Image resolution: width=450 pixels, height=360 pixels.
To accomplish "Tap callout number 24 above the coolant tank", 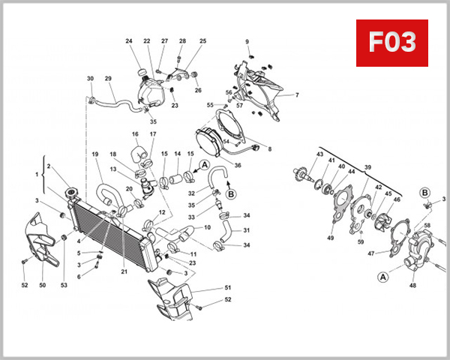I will pos(128,40).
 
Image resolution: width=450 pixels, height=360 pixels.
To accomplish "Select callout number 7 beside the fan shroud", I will pos(296,95).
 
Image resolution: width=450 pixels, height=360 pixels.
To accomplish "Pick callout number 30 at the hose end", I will pos(90,79).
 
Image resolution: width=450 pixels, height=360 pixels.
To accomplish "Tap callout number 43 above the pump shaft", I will pos(319,154).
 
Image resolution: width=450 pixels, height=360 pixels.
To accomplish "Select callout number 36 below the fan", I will pos(237,165).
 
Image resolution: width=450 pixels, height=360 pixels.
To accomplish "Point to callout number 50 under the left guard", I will pos(43,285).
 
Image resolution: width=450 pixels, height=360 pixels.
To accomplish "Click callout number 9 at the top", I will pos(247,40).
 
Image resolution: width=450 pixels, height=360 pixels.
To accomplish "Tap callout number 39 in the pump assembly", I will pos(367,167).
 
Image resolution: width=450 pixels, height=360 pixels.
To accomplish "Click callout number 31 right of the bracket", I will pos(246,229).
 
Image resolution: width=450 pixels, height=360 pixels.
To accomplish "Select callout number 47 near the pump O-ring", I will pos(370,253).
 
